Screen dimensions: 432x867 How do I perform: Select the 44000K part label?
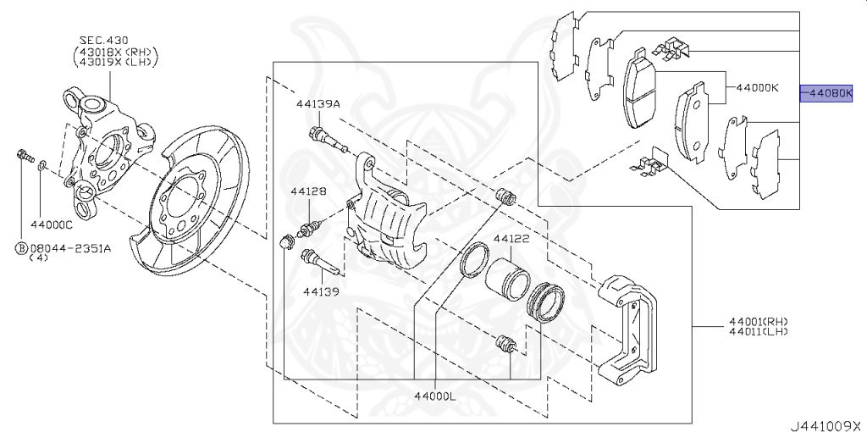(x=756, y=86)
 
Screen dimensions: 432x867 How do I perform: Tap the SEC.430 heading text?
(x=106, y=39)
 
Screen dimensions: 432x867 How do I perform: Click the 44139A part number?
(x=318, y=104)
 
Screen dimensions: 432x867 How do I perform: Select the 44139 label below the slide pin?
(x=321, y=291)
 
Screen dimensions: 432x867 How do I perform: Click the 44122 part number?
(x=511, y=239)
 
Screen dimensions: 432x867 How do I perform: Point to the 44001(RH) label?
(x=758, y=321)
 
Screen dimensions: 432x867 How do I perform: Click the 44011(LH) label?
(x=758, y=331)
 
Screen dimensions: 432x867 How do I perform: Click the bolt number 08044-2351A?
(x=70, y=248)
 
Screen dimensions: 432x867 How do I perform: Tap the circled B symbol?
(x=19, y=248)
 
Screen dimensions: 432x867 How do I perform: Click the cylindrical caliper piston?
(x=508, y=278)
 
